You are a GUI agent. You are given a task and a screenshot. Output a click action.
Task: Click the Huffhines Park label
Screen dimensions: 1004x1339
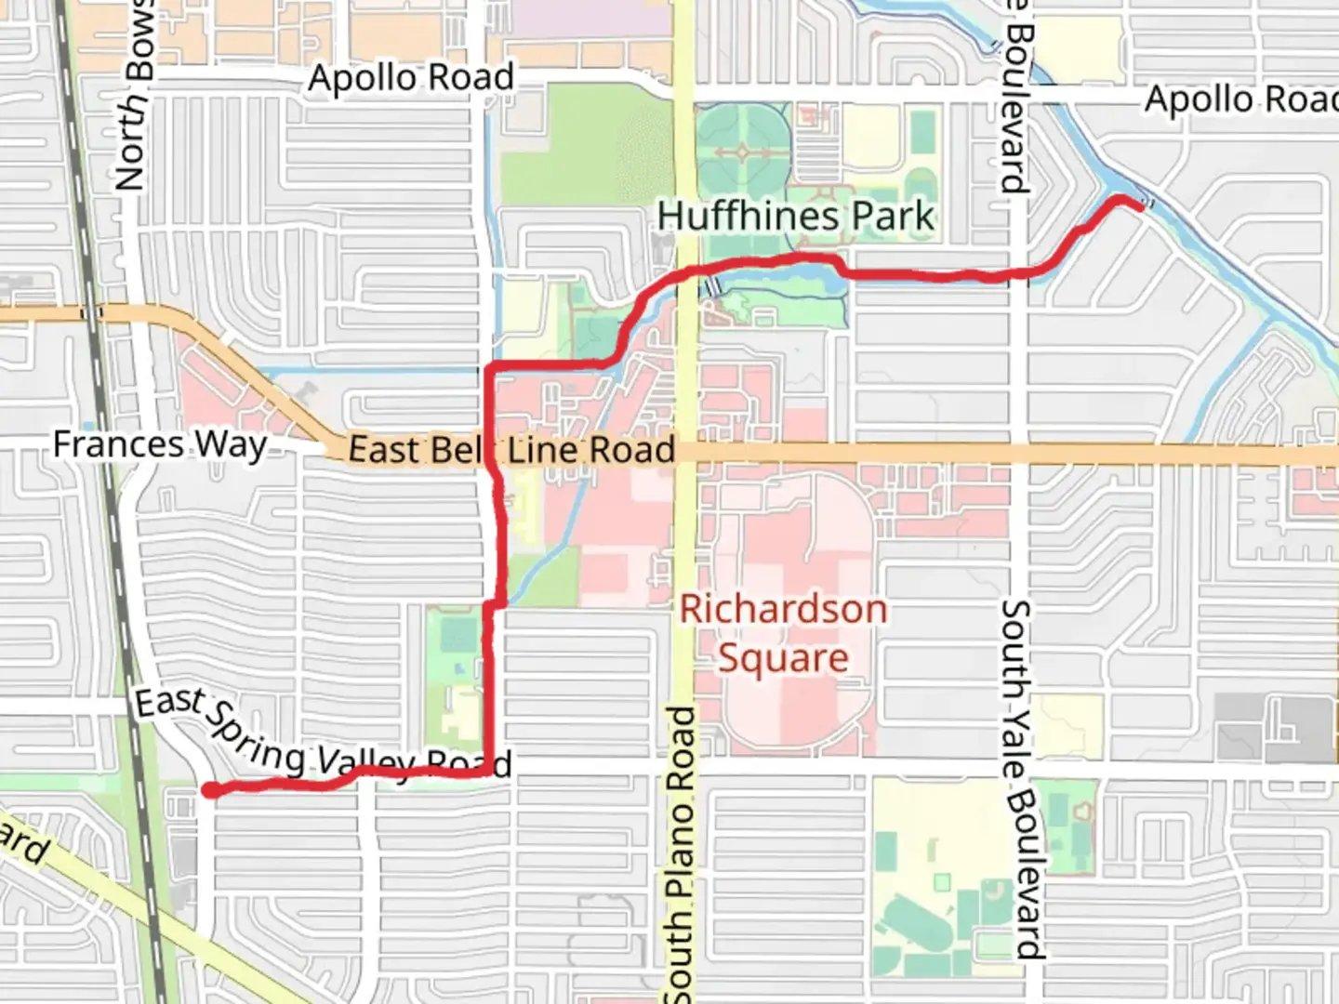tap(795, 217)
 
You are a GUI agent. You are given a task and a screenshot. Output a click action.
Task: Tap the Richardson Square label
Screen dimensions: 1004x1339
tap(783, 633)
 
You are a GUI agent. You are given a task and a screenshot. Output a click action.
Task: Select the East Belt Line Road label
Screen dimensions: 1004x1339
tap(511, 450)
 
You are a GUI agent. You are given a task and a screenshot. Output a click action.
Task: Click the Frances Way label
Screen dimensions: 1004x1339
tap(159, 444)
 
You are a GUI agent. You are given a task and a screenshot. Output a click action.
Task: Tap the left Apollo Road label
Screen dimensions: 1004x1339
tap(411, 78)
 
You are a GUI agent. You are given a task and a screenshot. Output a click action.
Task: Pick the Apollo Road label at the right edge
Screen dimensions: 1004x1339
tap(1241, 99)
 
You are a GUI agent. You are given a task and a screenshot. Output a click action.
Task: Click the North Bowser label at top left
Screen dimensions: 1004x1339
tap(134, 93)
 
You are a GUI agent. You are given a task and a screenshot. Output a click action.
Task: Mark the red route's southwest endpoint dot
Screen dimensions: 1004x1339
tap(212, 790)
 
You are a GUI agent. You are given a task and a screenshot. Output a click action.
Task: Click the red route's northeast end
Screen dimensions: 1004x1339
tap(1138, 205)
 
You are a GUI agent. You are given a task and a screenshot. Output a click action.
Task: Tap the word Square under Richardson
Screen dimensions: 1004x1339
tap(783, 658)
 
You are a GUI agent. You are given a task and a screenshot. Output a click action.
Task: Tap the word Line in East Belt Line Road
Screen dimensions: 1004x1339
tap(544, 451)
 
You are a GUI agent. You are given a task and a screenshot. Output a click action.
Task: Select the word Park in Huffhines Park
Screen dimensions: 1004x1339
tap(893, 217)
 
